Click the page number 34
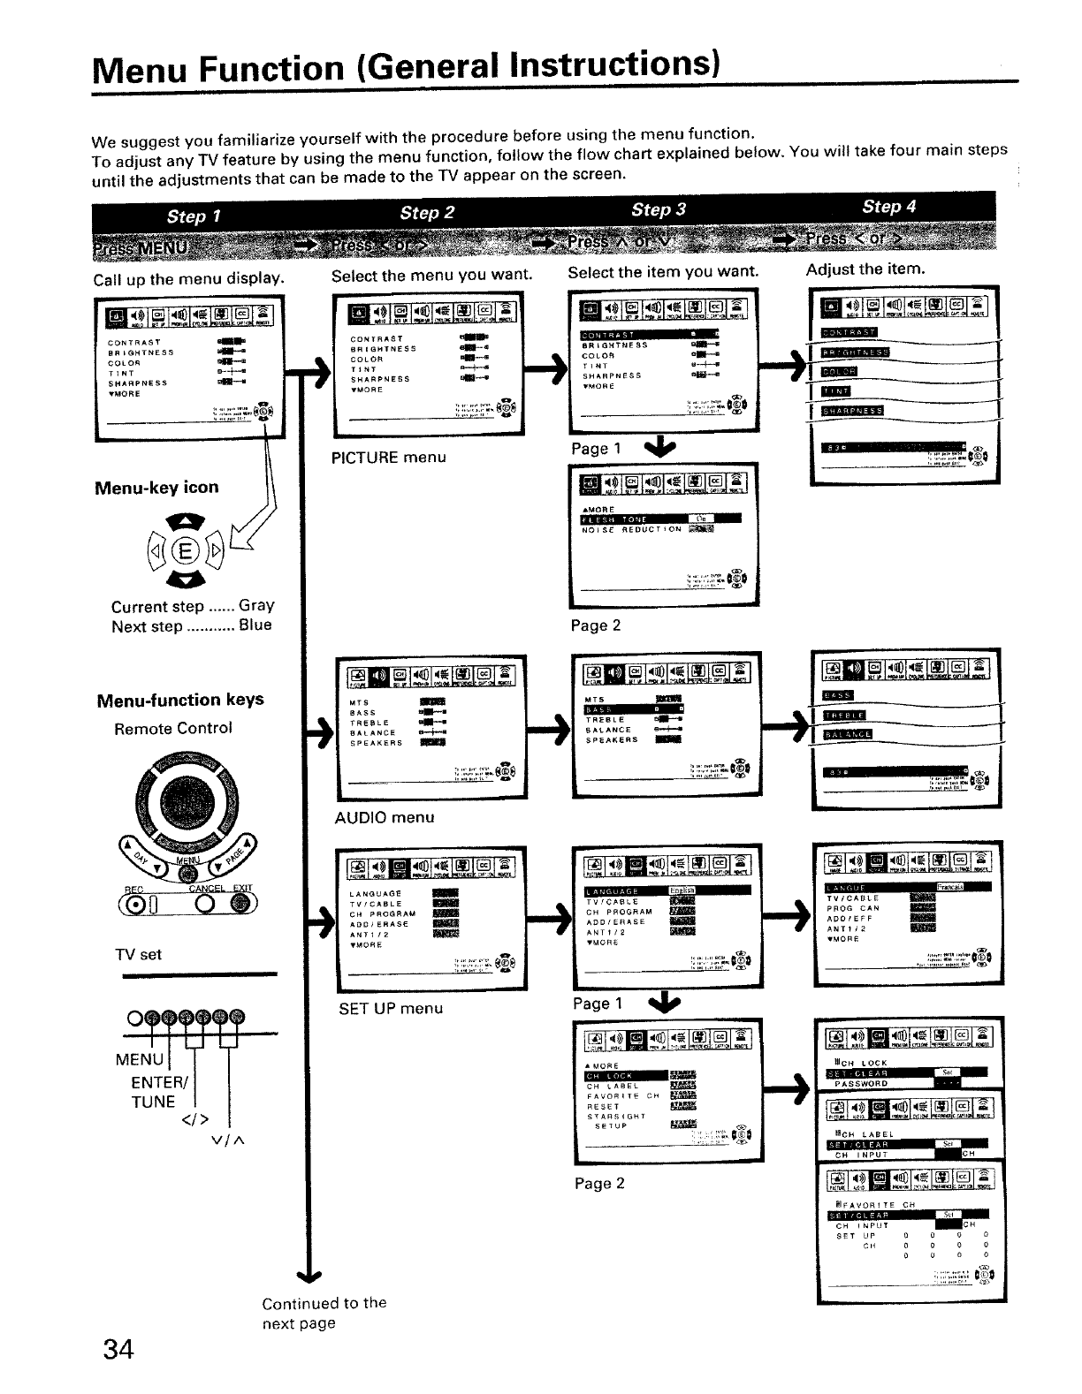tap(118, 1350)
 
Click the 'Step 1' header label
tap(194, 216)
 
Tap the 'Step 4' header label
tap(888, 207)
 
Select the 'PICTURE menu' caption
tap(388, 458)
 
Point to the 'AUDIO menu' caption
tap(385, 817)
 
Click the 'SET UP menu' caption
tap(390, 1008)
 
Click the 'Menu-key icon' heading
tap(156, 488)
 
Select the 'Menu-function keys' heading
tap(180, 701)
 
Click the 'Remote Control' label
tap(173, 729)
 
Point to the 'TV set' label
tap(138, 954)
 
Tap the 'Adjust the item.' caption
tap(865, 269)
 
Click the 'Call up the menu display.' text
tap(189, 280)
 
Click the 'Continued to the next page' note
tap(324, 1313)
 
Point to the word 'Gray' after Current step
tap(256, 606)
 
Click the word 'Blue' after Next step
tap(255, 625)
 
